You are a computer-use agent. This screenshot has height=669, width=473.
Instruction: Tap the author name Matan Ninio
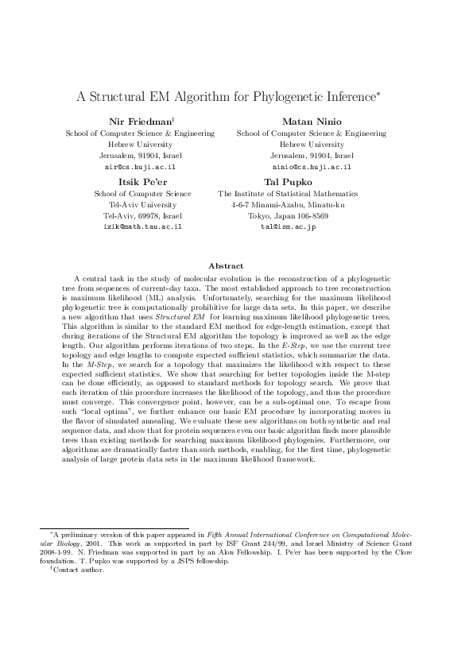pyautogui.click(x=312, y=121)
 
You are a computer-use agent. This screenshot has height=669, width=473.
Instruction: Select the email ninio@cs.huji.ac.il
pyautogui.click(x=312, y=168)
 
